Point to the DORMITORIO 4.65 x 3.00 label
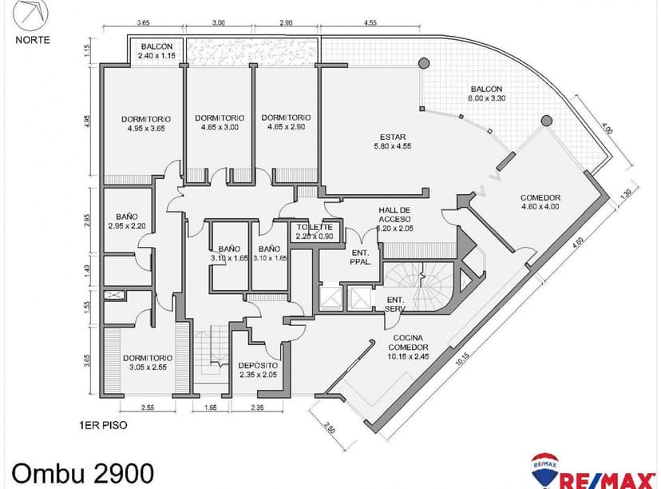(220, 122)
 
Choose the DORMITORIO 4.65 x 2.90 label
(286, 122)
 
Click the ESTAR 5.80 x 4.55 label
(393, 141)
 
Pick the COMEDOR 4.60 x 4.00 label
(540, 202)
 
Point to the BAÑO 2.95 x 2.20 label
(126, 221)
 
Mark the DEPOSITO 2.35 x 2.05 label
(257, 371)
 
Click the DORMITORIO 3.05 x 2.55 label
(148, 364)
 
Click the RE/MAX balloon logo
(545, 467)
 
